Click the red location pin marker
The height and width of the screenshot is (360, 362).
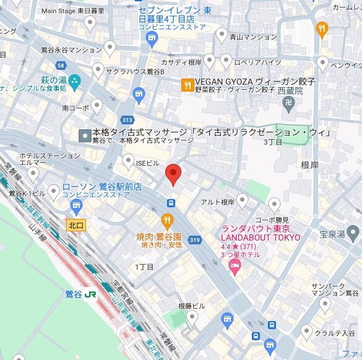[173, 174]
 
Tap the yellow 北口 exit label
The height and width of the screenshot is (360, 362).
[75, 225]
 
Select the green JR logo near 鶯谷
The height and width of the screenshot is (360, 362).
[91, 294]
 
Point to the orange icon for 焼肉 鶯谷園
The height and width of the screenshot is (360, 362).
[167, 220]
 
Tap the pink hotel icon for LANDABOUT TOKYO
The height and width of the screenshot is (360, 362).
[235, 266]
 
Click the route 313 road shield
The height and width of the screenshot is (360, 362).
[128, 120]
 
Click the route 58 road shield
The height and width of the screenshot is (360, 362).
[60, 65]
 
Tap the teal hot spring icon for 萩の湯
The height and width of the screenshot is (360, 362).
[75, 80]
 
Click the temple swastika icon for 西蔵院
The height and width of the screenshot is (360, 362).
[288, 103]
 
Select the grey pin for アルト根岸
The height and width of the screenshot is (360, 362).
[243, 200]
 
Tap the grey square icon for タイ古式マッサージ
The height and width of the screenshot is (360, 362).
[84, 135]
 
